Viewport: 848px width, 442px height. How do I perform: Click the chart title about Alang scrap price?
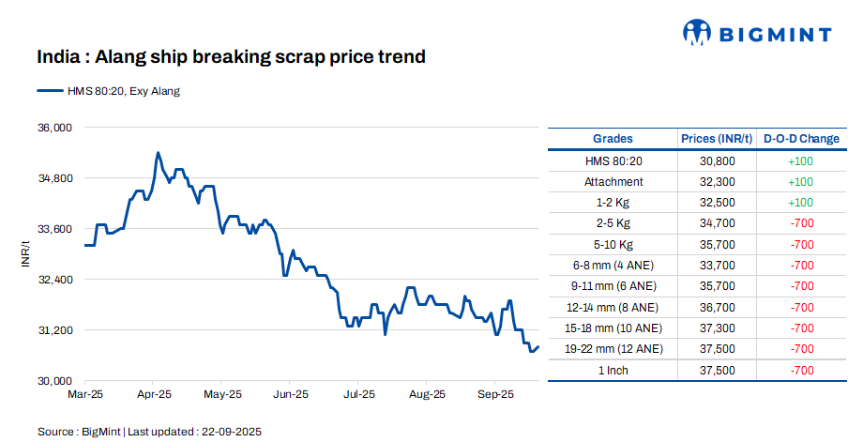pos(231,57)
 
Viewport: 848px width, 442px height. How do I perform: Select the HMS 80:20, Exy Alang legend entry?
pos(109,91)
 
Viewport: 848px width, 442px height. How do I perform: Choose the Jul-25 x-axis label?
pos(359,395)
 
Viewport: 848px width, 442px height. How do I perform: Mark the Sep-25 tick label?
pos(495,395)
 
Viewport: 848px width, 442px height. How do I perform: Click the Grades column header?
pos(613,139)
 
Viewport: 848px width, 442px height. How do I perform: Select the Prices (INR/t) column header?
pos(717,139)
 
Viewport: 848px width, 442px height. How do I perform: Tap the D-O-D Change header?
pos(801,139)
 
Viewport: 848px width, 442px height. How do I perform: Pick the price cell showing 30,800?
pos(717,161)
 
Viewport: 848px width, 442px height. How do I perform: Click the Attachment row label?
pos(613,182)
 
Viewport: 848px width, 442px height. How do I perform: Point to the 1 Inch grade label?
pos(613,370)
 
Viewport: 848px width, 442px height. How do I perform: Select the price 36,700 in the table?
pos(717,307)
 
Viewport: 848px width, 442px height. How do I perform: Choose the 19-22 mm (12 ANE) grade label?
pos(613,349)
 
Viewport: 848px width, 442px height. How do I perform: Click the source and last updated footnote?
pos(149,432)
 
